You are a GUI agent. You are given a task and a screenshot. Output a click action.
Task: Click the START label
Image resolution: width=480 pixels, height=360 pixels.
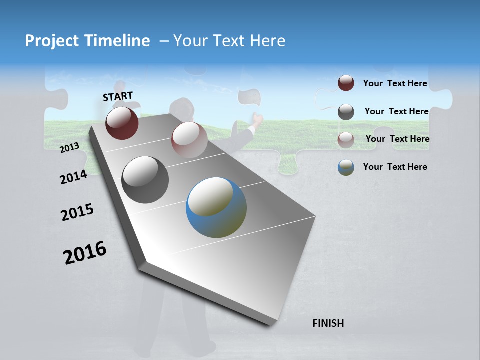pyautogui.click(x=118, y=96)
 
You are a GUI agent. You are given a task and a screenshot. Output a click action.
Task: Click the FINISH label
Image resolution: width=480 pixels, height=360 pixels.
pyautogui.click(x=328, y=323)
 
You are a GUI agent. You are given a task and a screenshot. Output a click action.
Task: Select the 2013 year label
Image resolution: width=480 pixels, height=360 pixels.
pyautogui.click(x=70, y=147)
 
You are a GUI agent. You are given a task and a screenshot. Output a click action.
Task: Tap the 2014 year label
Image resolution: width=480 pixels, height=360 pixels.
pyautogui.click(x=73, y=177)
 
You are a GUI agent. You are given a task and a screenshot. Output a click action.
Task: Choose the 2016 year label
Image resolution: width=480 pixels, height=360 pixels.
pyautogui.click(x=85, y=253)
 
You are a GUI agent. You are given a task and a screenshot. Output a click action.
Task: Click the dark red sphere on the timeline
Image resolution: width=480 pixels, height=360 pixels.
pyautogui.click(x=122, y=123)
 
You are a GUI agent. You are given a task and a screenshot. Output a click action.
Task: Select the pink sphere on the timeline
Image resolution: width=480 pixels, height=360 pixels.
pyautogui.click(x=189, y=140)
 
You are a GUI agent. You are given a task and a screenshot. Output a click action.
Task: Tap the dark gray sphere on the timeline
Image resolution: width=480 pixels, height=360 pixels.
pyautogui.click(x=145, y=180)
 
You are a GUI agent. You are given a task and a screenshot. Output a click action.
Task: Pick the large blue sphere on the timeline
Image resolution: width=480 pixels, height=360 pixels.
pyautogui.click(x=216, y=207)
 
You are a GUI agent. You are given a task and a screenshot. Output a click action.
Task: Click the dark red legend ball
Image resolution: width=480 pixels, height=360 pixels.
pyautogui.click(x=346, y=83)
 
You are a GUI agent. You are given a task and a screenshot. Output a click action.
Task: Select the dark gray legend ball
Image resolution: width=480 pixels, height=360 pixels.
pyautogui.click(x=346, y=112)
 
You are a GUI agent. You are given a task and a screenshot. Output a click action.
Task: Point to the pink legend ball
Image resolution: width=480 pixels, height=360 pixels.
pyautogui.click(x=346, y=139)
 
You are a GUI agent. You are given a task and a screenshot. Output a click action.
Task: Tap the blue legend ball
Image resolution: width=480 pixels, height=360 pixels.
pyautogui.click(x=346, y=167)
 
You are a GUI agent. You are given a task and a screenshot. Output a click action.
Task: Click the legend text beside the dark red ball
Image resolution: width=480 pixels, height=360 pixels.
pyautogui.click(x=395, y=83)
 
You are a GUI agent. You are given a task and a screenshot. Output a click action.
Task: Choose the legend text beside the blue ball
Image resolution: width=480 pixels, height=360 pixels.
pyautogui.click(x=395, y=167)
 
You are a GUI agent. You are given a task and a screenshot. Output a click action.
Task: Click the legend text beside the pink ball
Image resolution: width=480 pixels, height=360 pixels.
pyautogui.click(x=397, y=139)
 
